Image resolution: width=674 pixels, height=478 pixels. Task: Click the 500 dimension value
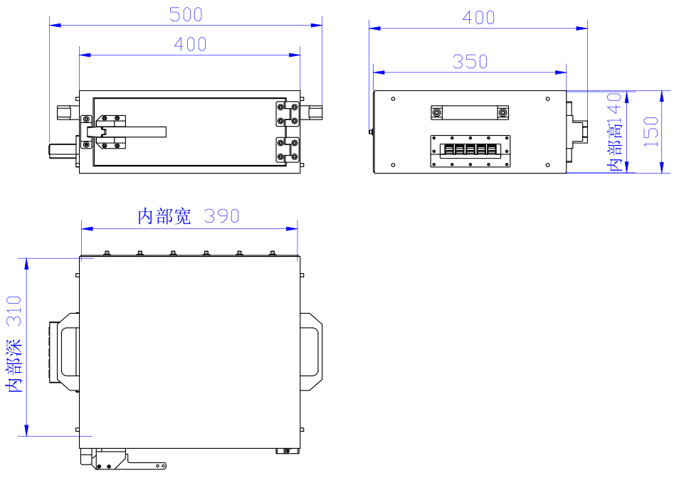coord(186,15)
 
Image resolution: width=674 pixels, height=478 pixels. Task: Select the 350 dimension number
coord(470,62)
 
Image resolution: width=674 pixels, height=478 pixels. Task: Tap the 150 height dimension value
coord(651,132)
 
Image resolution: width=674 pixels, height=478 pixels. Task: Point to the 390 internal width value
coord(222,216)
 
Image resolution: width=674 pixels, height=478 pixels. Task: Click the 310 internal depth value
coord(14,311)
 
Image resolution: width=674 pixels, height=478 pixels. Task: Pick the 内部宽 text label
coord(164,216)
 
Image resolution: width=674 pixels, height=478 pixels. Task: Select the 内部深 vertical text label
coord(14,365)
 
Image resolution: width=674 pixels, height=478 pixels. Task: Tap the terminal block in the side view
coord(470,152)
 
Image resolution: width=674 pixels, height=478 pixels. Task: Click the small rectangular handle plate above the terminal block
coord(470,112)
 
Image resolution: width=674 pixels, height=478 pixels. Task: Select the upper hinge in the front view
coord(287,114)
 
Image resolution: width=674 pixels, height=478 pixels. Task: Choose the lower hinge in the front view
coord(287,150)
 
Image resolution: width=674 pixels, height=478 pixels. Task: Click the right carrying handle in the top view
coord(311,351)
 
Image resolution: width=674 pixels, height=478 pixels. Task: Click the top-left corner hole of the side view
coord(394,99)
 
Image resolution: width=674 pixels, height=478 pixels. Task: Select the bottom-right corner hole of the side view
coord(547,165)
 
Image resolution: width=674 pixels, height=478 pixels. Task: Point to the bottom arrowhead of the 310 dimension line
coord(26,430)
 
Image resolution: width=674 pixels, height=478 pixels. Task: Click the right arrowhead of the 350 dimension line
coord(561,73)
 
